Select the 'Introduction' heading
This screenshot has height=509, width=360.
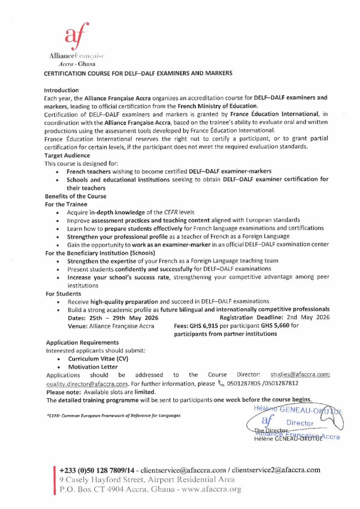click(61, 90)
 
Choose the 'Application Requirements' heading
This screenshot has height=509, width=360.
click(82, 342)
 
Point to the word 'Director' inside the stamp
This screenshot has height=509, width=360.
click(301, 423)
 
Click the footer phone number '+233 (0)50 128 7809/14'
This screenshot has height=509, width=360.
click(98, 470)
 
